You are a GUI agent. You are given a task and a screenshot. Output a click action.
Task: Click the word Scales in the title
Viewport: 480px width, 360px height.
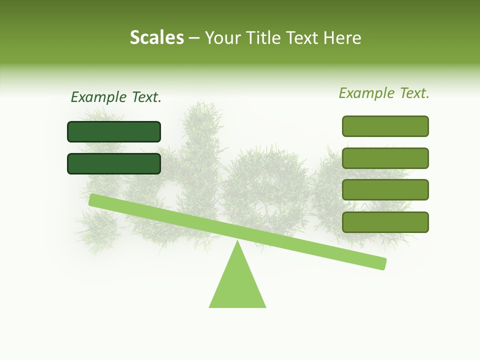(156, 37)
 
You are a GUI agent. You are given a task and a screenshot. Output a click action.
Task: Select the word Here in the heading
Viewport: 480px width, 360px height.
(342, 37)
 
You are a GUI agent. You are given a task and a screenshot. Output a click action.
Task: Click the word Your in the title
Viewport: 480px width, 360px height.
(223, 38)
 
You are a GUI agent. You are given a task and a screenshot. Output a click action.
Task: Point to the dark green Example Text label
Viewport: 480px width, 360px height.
(116, 97)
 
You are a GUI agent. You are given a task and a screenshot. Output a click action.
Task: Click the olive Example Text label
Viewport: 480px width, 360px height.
(384, 93)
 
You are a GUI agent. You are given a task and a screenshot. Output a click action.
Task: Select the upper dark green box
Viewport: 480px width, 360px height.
(114, 131)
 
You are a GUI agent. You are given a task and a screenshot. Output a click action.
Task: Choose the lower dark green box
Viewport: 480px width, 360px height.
(114, 163)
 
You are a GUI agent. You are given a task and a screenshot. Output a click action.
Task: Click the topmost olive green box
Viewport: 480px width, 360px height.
(385, 126)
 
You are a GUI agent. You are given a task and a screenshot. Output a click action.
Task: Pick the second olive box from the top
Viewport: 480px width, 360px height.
(385, 158)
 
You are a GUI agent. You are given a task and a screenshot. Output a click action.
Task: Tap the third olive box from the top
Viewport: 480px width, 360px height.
(385, 190)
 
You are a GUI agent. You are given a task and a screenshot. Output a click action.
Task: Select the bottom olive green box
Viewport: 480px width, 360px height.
(385, 222)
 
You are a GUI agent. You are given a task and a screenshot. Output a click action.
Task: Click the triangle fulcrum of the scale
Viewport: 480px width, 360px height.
(237, 285)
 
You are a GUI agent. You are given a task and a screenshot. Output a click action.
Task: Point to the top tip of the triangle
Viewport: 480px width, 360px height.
(237, 242)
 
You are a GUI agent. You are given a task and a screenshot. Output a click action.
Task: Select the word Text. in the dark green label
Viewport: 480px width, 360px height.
(146, 97)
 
